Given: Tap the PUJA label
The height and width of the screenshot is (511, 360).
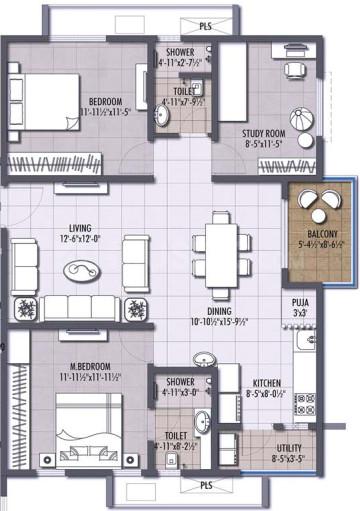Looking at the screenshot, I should click(299, 301).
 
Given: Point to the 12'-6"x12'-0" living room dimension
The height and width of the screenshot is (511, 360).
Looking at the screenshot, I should click(68, 239).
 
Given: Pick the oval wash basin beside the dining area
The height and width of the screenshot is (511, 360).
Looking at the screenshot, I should click(204, 358).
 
